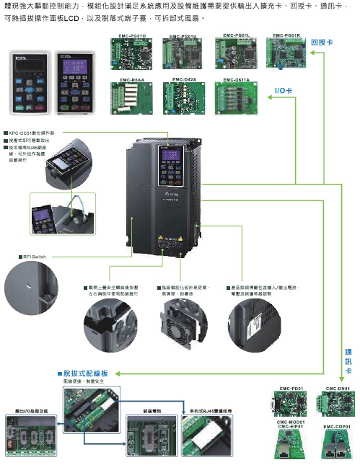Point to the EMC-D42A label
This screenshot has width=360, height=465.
point(185,78)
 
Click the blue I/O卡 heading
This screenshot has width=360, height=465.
point(284,92)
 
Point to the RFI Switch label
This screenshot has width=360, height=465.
point(32,256)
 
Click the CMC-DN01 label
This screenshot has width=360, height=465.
point(338,389)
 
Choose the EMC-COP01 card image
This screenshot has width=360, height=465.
point(337,446)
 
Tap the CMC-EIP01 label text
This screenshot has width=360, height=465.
point(289,427)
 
